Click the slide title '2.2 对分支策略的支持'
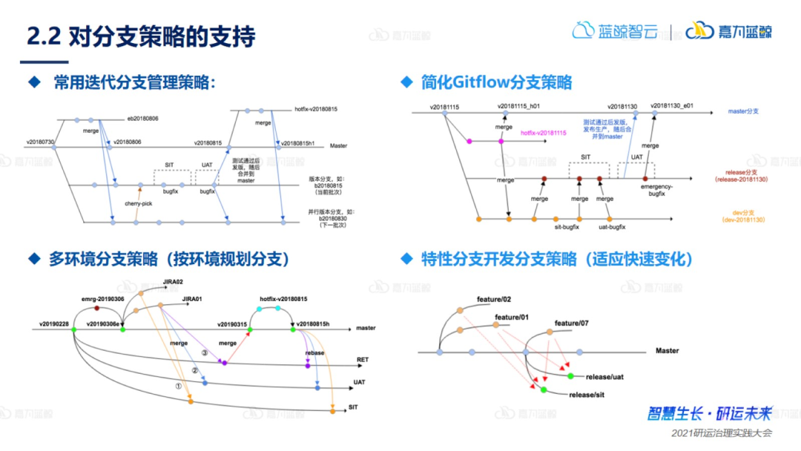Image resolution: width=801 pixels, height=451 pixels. (141, 36)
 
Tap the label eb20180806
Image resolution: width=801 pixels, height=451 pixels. (142, 118)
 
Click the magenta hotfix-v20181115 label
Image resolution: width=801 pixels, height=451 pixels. (544, 133)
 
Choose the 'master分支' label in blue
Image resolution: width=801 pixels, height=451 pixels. (743, 111)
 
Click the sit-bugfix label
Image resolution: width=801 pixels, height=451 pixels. (566, 228)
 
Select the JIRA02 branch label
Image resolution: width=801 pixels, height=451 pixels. (173, 283)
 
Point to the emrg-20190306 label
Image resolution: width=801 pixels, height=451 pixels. (103, 298)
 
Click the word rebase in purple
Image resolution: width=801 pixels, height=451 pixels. (315, 352)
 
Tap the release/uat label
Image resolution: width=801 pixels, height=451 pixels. (604, 377)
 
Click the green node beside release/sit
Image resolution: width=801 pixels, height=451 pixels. (544, 390)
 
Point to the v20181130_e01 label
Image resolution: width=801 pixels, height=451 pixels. (672, 106)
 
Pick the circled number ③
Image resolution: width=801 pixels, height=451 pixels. (204, 353)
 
